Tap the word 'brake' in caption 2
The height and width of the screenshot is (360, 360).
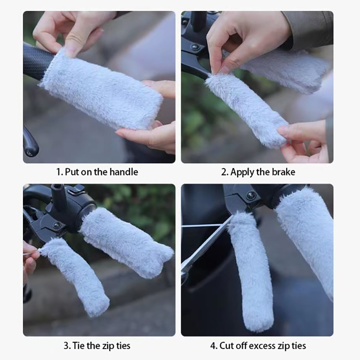tap(283, 172)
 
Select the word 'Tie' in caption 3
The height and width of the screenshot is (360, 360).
tap(78, 346)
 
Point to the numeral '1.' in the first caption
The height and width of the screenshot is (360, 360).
tap(60, 172)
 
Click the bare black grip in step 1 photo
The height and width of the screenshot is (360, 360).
tap(38, 61)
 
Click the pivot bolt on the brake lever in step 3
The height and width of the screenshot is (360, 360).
tap(57, 225)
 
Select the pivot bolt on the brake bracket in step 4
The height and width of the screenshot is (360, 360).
tap(251, 195)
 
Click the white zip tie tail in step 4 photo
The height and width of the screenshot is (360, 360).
tap(206, 226)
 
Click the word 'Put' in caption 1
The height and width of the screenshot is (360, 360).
tap(72, 172)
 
